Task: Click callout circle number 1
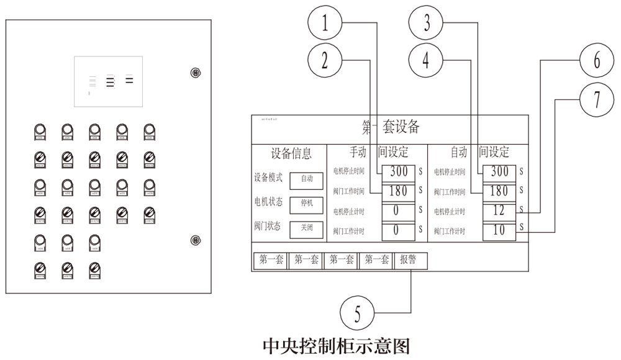click(x=325, y=24)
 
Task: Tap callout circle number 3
click(x=427, y=24)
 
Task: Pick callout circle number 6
click(x=597, y=61)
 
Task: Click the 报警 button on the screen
click(x=410, y=261)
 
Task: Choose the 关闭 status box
click(x=307, y=228)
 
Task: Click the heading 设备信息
click(x=291, y=153)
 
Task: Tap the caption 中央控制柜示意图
click(x=337, y=344)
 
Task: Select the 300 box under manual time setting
click(x=398, y=171)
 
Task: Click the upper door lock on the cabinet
click(x=195, y=73)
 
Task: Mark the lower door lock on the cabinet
click(x=195, y=240)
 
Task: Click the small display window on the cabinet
click(x=108, y=81)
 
